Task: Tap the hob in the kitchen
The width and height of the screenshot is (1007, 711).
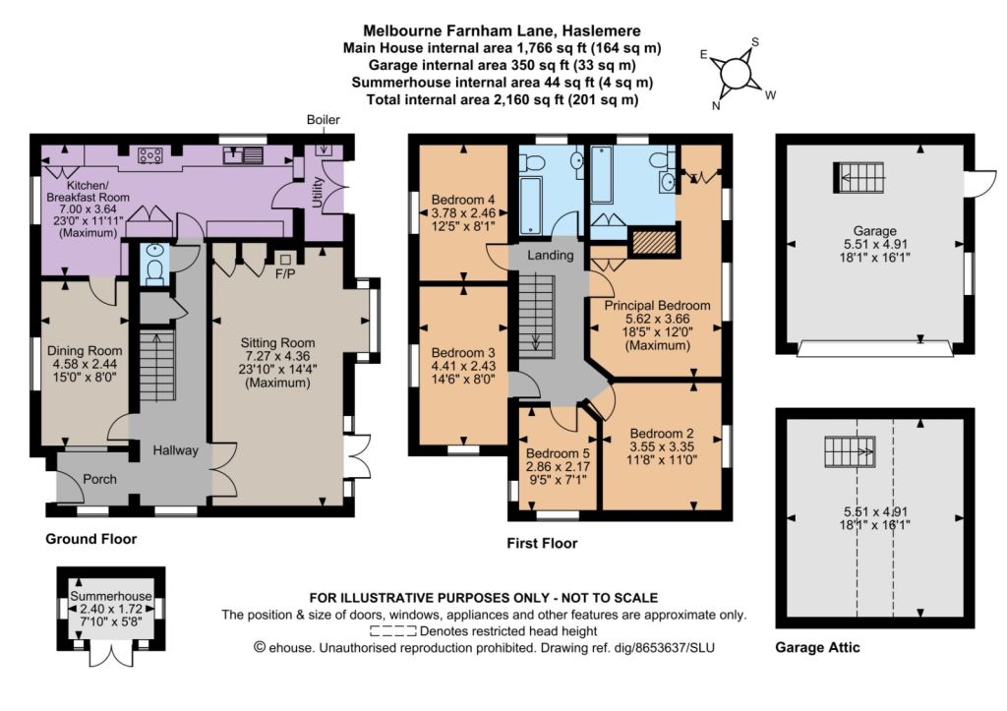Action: (x=150, y=154)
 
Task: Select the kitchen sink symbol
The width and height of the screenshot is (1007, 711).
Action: (x=243, y=154)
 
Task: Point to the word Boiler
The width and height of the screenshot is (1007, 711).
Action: (x=323, y=119)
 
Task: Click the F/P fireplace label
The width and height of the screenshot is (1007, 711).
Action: (x=285, y=274)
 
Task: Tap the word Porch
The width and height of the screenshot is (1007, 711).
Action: (x=99, y=479)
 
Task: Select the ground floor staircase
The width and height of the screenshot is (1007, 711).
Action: (x=157, y=366)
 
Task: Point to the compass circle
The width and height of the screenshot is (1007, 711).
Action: (x=737, y=75)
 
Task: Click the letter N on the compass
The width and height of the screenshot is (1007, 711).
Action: (x=716, y=106)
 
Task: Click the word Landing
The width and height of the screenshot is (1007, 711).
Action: (x=551, y=255)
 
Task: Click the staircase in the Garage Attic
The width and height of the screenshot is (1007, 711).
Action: (x=850, y=451)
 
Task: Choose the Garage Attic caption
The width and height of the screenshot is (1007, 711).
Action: (x=817, y=647)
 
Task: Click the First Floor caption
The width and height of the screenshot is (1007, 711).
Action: (x=542, y=544)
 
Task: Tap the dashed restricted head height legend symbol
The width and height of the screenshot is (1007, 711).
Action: (x=393, y=631)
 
